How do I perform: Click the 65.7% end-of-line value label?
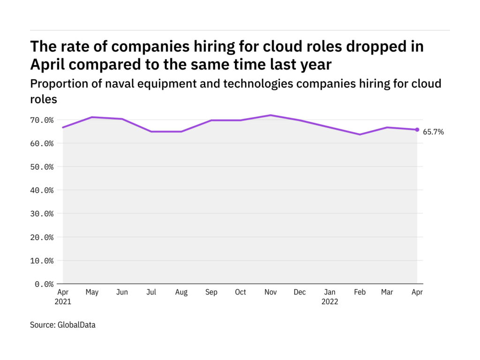434,132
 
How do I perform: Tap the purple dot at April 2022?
417,130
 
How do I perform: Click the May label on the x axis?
92,292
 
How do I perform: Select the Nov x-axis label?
270,292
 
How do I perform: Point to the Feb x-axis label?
359,292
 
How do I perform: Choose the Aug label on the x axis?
181,292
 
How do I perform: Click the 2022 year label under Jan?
330,302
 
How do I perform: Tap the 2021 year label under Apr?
63,302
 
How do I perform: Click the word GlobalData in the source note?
76,324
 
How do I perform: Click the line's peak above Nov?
270,115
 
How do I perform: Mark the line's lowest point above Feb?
360,135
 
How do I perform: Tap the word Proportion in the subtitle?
54,84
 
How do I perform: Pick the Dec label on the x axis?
300,292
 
